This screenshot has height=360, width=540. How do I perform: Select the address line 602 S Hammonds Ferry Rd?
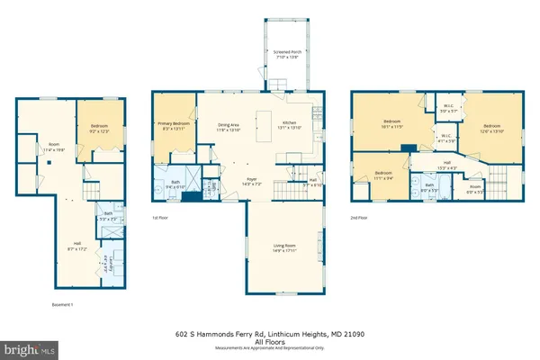point(269,332)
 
